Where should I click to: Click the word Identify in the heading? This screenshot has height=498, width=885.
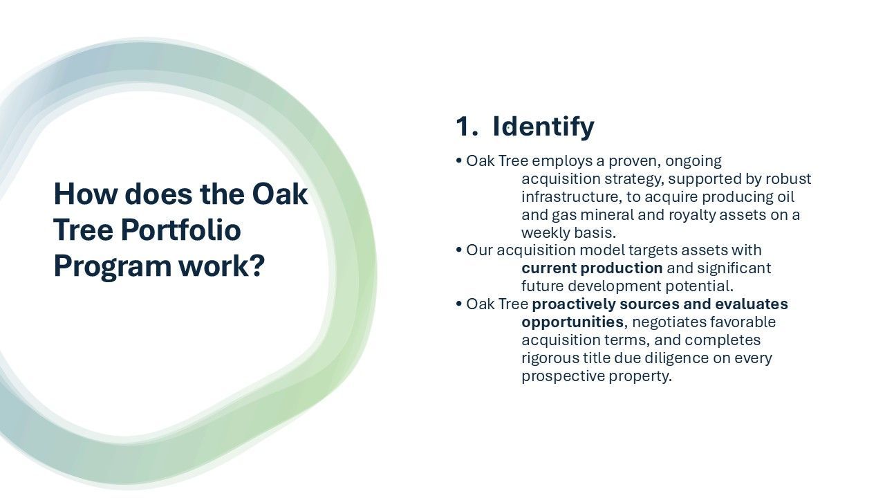point(543,127)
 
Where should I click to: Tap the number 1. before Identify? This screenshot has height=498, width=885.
point(467,127)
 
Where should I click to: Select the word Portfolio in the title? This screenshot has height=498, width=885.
point(180,230)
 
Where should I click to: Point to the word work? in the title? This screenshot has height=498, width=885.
point(222,266)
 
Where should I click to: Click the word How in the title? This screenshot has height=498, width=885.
point(85,194)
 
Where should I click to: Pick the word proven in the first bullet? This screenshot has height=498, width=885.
point(635,162)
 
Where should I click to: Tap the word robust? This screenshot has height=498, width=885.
point(788,179)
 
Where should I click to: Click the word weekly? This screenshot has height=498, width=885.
point(546,233)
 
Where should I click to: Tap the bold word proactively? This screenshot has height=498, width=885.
point(574,305)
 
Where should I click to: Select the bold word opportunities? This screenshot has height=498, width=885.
point(572,322)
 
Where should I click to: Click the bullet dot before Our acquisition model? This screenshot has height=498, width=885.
point(458,250)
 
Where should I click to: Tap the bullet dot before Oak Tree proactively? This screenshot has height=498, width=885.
point(458,304)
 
